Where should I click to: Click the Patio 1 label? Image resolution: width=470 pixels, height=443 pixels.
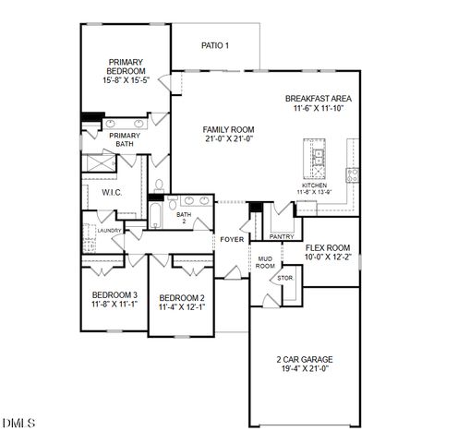[214, 45]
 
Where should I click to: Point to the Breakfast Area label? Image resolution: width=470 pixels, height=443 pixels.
[318, 99]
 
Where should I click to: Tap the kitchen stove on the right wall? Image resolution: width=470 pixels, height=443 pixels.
[352, 174]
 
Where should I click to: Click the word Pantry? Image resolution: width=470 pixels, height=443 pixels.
[282, 236]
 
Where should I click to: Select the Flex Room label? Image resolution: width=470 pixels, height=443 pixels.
[328, 247]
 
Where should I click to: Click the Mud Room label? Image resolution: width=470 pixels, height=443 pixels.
[265, 262]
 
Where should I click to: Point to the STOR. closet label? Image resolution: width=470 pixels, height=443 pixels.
[285, 277]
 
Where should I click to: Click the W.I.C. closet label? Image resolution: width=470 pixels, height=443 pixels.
[113, 192]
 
